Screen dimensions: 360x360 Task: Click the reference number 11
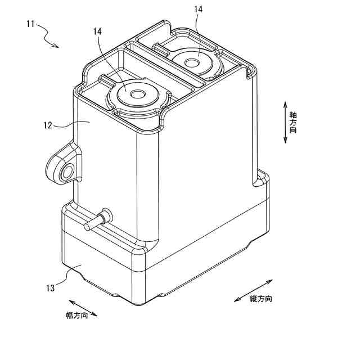tap(30, 24)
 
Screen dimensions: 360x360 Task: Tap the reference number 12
tap(47, 126)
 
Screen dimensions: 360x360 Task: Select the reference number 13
tap(50, 288)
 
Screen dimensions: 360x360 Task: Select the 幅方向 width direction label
tap(76, 316)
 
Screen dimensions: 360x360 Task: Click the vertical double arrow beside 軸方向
tap(285, 122)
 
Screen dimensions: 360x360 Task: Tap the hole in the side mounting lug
tap(68, 172)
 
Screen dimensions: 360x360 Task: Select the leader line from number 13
tap(66, 277)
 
